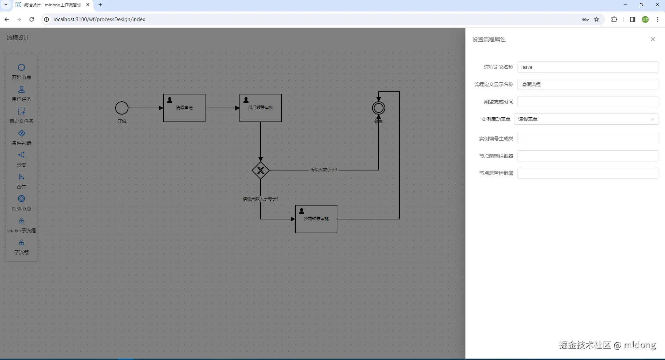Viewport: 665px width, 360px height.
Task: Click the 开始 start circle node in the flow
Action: (x=122, y=108)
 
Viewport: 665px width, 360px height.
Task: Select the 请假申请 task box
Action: (x=184, y=108)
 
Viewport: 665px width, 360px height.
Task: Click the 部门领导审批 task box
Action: (x=261, y=108)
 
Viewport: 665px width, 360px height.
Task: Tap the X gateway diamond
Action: (x=261, y=170)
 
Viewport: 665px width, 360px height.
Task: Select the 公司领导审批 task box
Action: (x=316, y=219)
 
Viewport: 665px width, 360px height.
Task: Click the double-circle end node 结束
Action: (x=379, y=108)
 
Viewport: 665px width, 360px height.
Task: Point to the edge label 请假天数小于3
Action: (x=323, y=170)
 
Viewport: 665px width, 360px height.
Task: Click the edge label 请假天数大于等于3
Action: (x=261, y=199)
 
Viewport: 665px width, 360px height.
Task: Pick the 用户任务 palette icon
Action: (x=22, y=90)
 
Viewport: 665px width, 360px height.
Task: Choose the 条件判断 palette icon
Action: (x=22, y=133)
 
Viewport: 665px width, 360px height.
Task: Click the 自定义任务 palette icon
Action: (x=22, y=111)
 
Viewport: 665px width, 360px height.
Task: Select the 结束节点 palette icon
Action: (x=22, y=199)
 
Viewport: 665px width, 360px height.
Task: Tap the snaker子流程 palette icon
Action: (x=22, y=221)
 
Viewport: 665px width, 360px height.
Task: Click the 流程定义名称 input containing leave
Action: (x=588, y=67)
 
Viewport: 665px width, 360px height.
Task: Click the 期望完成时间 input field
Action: (x=588, y=102)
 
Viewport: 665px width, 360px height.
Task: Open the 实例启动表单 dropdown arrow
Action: (x=652, y=119)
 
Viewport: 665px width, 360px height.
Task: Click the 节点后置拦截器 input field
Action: (x=588, y=173)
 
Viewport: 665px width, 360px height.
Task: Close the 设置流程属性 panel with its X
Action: (x=653, y=39)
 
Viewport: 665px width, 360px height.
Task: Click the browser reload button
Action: (x=32, y=19)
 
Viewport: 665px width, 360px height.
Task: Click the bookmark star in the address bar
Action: (x=597, y=19)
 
